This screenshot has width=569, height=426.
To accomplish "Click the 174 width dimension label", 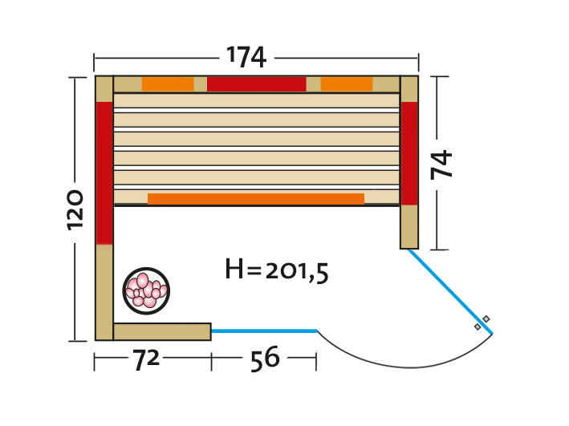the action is [x=246, y=57].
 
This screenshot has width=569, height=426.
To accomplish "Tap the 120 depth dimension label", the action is [x=75, y=209].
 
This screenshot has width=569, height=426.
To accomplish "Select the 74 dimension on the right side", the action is [x=441, y=164].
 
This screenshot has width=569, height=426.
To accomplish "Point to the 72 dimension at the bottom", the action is [x=146, y=360].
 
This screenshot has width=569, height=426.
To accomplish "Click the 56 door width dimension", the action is [x=265, y=359].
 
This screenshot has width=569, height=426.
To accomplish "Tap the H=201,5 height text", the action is [x=277, y=270].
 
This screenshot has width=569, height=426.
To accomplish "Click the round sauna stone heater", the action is [x=146, y=290].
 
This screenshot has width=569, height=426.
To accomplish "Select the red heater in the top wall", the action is [x=257, y=84].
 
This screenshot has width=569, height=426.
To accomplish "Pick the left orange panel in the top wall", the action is [x=168, y=84].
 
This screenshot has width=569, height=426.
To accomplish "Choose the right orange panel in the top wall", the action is [x=347, y=84].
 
